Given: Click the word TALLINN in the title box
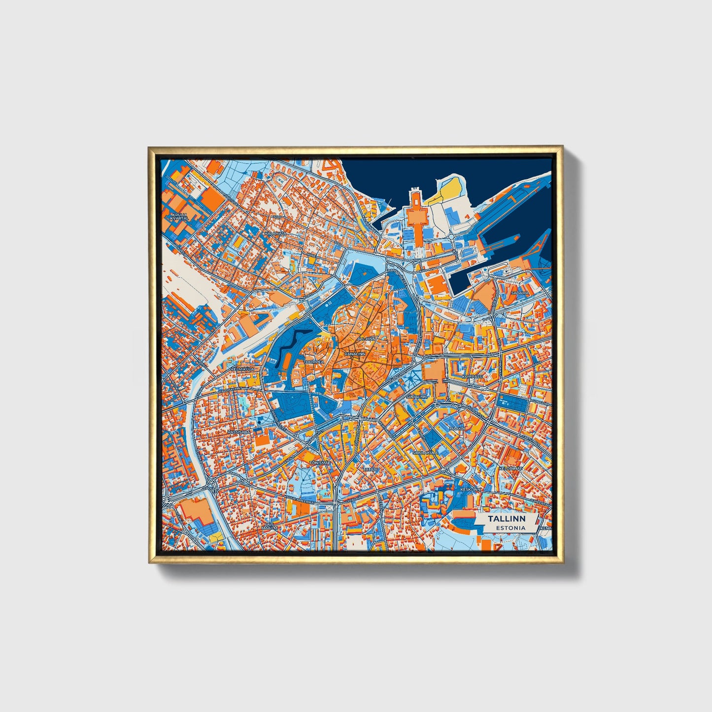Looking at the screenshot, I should point(507,519).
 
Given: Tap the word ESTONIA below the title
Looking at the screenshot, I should point(510,528).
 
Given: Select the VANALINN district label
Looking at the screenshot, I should point(355,354).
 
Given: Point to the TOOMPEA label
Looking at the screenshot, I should point(315,362).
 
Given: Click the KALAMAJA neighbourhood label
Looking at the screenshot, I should point(275,233).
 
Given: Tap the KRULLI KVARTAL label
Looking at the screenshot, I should point(179,217).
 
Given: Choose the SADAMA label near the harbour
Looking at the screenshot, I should point(520,293).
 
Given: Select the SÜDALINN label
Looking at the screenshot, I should point(416,396).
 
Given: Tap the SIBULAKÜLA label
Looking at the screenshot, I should point(425,451).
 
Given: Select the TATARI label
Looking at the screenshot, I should point(370,470).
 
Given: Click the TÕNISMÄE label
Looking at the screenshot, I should point(319,462).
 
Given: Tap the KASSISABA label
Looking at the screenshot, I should point(239,432).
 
